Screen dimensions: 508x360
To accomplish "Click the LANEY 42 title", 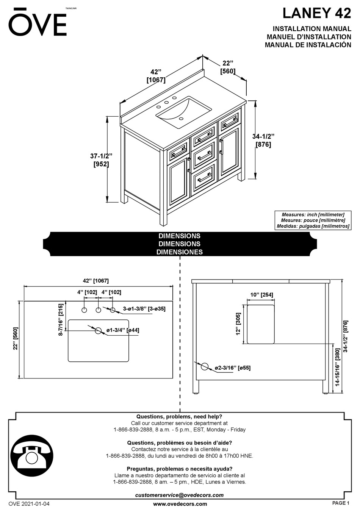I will tap(316, 13).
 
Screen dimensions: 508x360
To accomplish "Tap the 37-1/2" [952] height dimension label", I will tap(101, 160).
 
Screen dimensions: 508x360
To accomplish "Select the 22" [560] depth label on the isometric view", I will tap(228, 67).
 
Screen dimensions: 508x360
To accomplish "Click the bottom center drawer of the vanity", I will tap(205, 178).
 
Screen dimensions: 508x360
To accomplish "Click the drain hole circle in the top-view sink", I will tap(98, 331).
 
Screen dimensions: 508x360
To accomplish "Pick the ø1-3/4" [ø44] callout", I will tap(123, 330).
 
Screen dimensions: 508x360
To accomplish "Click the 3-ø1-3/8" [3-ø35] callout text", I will tap(144, 309).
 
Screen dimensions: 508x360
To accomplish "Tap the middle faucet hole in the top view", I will tap(98, 310).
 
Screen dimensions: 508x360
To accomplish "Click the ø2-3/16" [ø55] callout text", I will tap(232, 368).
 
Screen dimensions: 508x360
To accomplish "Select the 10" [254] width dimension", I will tap(261, 295).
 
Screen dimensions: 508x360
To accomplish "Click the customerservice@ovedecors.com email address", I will tap(179, 495).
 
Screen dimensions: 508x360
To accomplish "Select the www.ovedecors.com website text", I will tap(180, 504).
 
